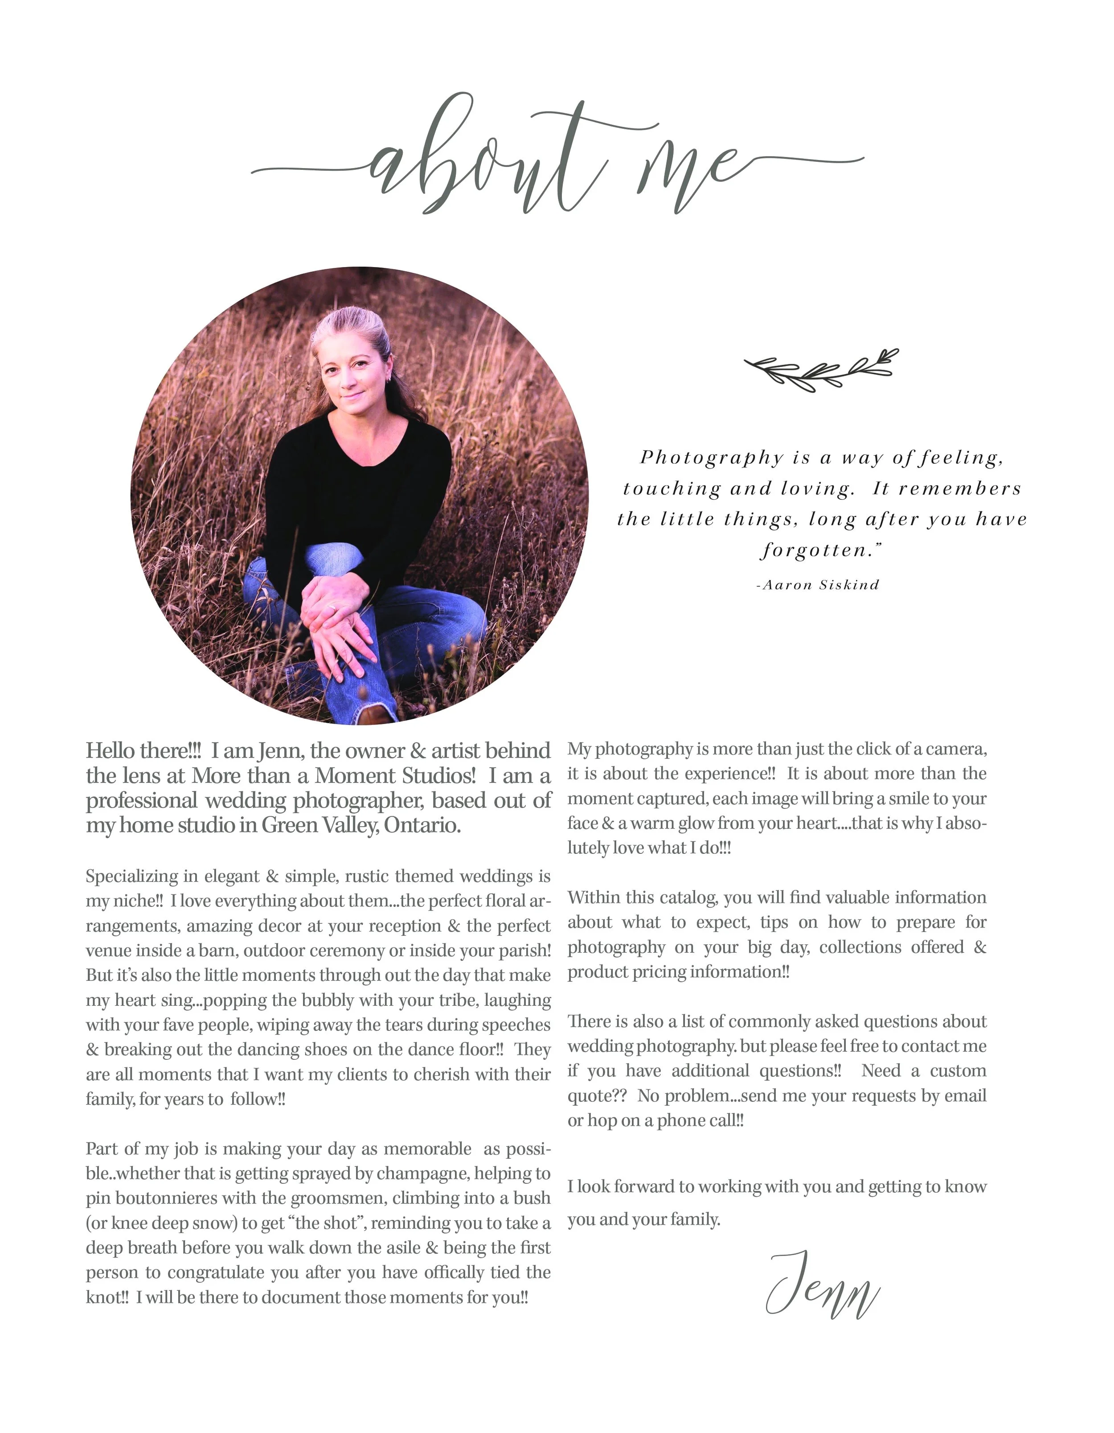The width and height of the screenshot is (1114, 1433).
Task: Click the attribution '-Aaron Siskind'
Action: tap(818, 585)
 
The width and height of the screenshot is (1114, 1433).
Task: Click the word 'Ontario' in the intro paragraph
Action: tap(422, 825)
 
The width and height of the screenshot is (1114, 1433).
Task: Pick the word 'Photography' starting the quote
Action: tap(712, 457)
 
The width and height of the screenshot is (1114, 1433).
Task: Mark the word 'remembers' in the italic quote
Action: tap(959, 489)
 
